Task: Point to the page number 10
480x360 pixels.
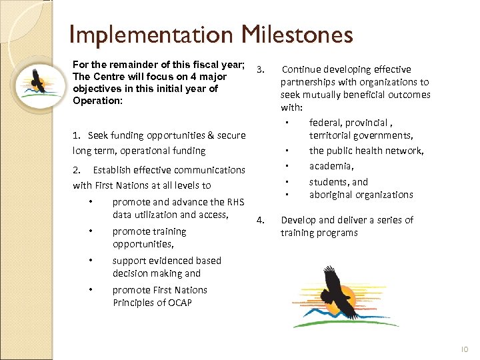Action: pos(465,349)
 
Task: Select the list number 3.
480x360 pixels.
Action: pos(261,69)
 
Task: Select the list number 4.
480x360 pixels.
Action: pos(261,219)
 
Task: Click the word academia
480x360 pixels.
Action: pos(331,166)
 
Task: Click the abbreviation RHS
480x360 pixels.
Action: pos(236,202)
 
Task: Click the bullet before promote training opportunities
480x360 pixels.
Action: pos(89,232)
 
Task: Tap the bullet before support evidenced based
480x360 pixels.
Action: pos(89,261)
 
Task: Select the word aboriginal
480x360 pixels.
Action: pos(332,195)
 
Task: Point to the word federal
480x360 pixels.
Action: pos(325,123)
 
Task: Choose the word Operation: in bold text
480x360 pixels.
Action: pos(97,101)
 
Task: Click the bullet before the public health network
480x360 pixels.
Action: pos(286,151)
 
